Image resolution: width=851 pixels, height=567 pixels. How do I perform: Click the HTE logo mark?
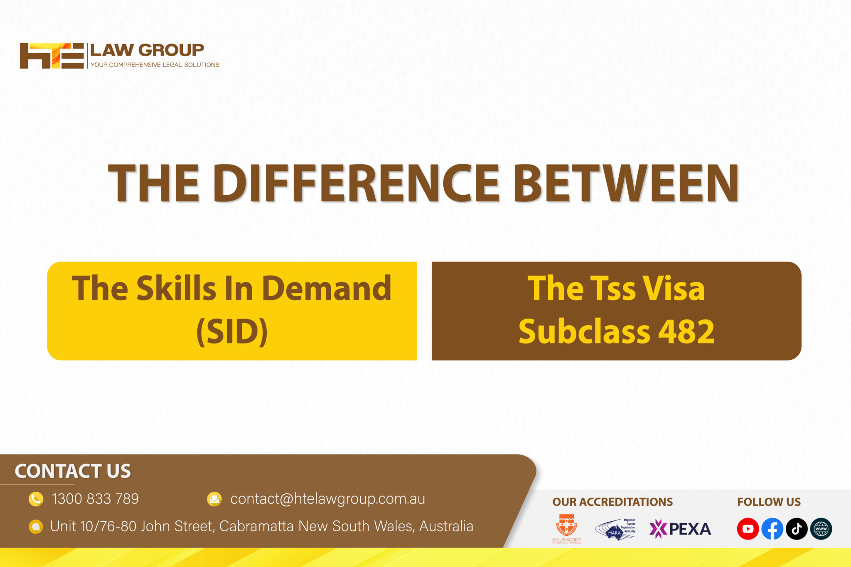click(x=52, y=56)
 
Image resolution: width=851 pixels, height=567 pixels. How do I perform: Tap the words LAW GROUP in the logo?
click(x=147, y=50)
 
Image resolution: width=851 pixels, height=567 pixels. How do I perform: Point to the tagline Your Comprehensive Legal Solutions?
click(x=155, y=65)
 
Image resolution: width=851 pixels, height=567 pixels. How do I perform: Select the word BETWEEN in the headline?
click(x=626, y=183)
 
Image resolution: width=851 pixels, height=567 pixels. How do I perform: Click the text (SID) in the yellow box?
click(x=232, y=331)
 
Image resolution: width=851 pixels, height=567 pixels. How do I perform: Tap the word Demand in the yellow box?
click(x=327, y=288)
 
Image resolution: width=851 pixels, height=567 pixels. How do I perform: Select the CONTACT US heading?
click(x=73, y=471)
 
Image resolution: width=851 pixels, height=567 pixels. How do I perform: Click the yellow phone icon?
click(x=36, y=499)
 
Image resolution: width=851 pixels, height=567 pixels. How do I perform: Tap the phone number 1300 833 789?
click(x=95, y=499)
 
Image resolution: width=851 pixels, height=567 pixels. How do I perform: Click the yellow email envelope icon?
click(x=214, y=499)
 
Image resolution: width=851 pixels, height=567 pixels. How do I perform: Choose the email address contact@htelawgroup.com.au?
click(x=327, y=499)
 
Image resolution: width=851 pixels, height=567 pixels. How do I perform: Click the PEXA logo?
click(x=680, y=529)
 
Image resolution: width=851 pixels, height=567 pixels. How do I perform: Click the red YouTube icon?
click(x=748, y=529)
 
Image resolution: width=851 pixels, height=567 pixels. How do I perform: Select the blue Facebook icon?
click(x=772, y=529)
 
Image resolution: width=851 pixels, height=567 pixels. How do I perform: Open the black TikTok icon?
click(x=797, y=529)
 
